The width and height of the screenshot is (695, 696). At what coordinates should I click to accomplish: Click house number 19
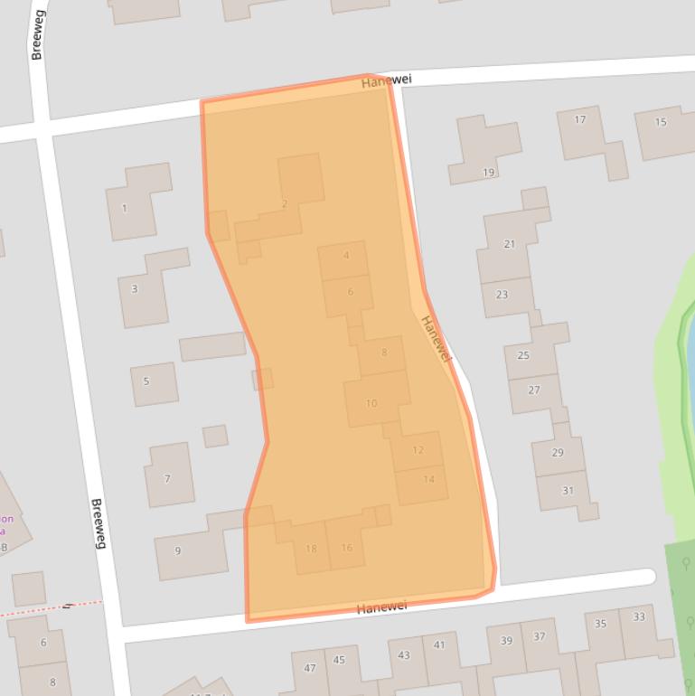488,173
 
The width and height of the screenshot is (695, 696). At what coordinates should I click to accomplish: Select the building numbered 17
579,119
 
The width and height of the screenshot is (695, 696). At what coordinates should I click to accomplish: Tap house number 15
661,122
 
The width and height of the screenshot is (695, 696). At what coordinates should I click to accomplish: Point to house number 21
509,244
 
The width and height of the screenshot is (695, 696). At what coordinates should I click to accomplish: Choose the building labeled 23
502,295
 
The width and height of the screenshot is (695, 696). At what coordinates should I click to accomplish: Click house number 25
522,355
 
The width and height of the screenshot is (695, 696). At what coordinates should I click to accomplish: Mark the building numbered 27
533,390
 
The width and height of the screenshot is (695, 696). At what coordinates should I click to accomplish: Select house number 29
557,453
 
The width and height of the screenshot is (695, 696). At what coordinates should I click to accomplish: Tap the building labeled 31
568,491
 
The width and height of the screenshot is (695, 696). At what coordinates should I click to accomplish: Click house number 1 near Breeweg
124,209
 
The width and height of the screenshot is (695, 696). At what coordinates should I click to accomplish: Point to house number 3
135,289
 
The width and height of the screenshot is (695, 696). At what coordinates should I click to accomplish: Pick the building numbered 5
146,381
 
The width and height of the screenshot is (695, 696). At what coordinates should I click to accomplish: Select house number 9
177,550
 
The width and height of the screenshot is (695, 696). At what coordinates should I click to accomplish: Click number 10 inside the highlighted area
371,403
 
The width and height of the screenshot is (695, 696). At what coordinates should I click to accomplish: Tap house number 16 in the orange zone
346,548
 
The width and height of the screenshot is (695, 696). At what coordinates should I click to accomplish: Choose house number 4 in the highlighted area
346,256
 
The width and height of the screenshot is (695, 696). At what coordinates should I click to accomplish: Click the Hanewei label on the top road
386,80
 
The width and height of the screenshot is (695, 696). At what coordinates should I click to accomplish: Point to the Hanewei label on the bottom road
381,607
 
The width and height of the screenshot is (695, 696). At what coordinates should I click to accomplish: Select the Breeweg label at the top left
37,41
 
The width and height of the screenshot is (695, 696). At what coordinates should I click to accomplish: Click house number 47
310,668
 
